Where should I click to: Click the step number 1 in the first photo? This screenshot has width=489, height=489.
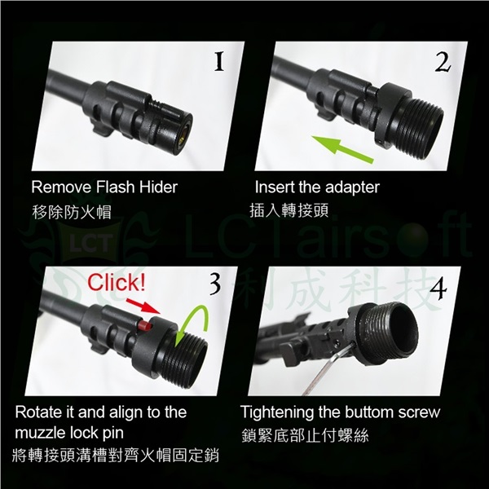click(219, 61)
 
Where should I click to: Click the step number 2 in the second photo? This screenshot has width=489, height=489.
click(443, 62)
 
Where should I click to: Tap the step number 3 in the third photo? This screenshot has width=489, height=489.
click(215, 284)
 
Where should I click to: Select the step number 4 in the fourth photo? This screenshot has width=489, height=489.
click(438, 289)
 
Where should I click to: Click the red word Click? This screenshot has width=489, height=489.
click(116, 283)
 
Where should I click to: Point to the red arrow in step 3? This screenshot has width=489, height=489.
click(143, 306)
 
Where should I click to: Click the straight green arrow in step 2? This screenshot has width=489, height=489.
click(342, 149)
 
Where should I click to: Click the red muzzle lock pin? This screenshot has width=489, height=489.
click(146, 326)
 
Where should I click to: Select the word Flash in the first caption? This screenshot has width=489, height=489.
click(116, 187)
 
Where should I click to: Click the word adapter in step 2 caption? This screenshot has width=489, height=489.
click(352, 188)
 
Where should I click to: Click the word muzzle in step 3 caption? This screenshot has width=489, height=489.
click(37, 433)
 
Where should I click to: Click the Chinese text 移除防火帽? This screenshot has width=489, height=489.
click(72, 213)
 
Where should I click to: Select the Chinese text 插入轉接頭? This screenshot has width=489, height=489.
click(289, 210)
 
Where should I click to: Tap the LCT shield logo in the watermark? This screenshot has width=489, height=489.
click(90, 243)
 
